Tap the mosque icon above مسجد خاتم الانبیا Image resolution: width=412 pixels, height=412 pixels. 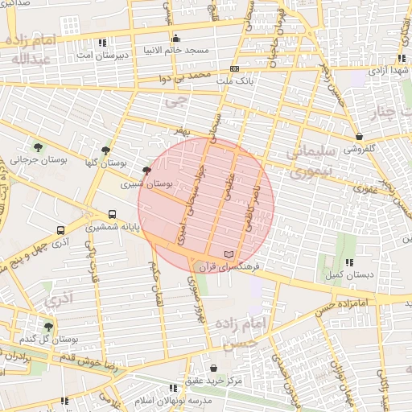175,39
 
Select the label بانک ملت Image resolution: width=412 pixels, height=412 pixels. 235,81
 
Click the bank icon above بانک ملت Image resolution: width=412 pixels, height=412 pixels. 234,69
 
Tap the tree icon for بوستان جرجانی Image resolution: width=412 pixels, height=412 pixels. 39,146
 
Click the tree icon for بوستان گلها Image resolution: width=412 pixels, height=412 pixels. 105,150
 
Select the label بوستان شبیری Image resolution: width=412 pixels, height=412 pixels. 146,183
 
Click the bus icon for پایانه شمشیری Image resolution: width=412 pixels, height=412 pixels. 112,215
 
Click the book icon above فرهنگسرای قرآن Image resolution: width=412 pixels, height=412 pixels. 230,253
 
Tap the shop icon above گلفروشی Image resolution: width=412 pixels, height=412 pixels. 357,137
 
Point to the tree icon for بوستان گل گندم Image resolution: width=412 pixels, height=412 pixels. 49,327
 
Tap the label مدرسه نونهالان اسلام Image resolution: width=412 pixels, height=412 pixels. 174,400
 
